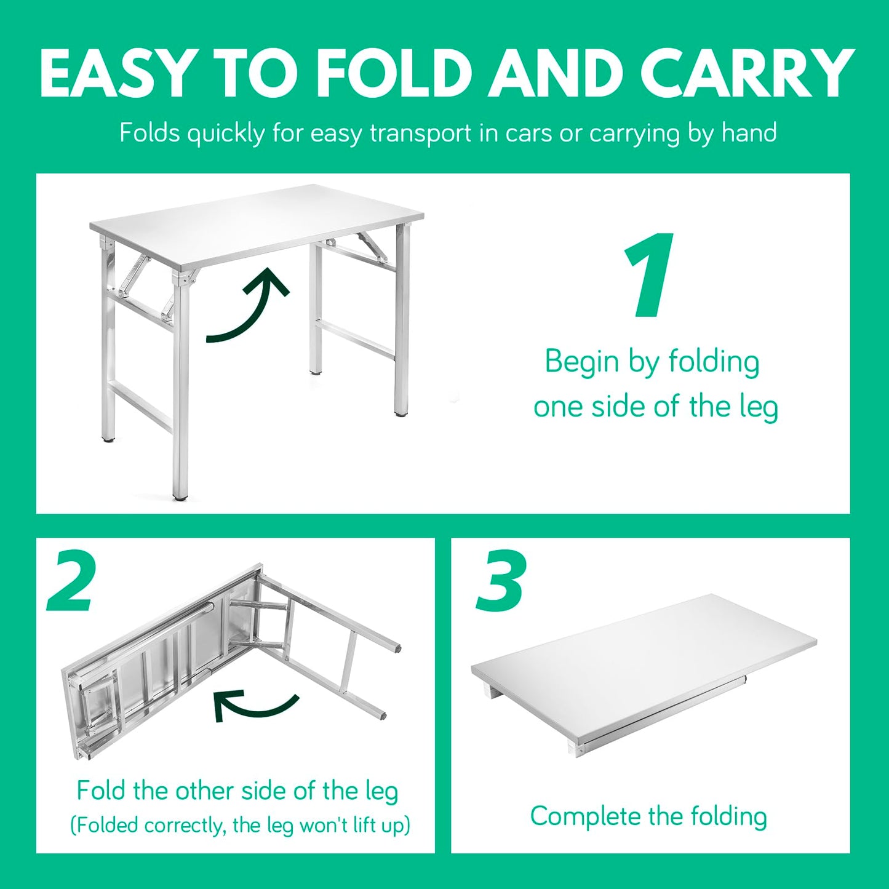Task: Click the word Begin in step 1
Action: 582,362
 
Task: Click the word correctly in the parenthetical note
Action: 183,826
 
